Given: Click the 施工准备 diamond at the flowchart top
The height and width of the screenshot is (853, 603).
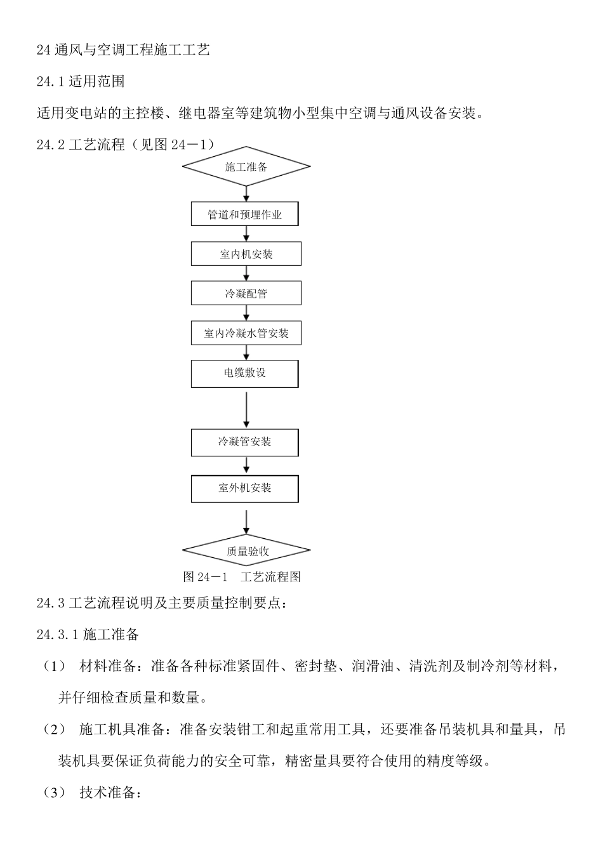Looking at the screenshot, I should tap(246, 167).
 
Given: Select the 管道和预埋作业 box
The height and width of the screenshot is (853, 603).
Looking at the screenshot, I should tap(245, 215).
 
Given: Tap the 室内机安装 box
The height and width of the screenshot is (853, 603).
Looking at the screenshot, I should tap(246, 255).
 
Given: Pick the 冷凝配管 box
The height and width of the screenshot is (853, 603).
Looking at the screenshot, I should tap(246, 294).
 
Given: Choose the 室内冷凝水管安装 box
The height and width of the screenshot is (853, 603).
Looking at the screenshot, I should tap(246, 333).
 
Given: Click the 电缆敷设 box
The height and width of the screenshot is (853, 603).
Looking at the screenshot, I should tap(245, 373).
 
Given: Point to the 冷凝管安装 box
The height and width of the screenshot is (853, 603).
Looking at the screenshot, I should tap(245, 442).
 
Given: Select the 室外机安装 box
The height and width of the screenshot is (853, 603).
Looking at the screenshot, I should tap(245, 488).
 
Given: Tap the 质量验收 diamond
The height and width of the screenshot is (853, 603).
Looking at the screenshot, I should tap(246, 551).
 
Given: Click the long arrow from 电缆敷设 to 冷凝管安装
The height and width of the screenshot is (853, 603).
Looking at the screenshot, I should tap(246, 409).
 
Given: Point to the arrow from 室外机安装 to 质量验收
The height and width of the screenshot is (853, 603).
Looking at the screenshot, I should tap(246, 522).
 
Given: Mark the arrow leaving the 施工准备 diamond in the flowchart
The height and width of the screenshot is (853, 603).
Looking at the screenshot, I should tap(246, 194).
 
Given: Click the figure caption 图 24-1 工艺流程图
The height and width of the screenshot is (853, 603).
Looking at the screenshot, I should tap(242, 577).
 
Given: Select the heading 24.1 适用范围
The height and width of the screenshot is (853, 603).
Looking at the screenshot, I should tap(81, 81).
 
